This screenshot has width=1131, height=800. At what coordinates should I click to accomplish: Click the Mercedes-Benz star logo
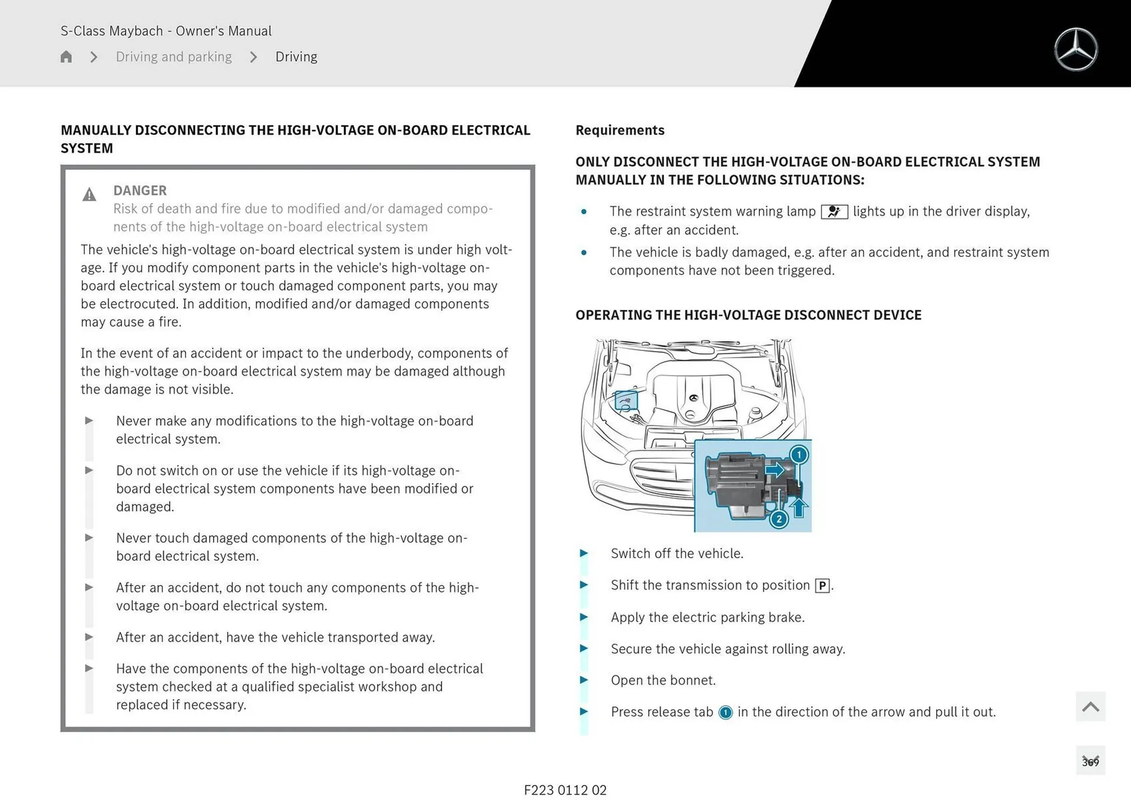1076,49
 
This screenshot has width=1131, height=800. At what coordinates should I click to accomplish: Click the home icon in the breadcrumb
66,57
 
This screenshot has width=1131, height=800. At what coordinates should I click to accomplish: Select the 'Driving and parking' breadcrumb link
174,57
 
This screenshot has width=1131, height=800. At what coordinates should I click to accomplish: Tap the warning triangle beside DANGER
89,195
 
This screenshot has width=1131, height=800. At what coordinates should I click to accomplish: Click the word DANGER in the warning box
140,190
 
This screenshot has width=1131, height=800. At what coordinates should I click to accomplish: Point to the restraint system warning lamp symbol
834,211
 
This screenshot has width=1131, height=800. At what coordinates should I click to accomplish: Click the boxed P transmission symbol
822,586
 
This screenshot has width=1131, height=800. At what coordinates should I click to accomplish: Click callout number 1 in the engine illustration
799,455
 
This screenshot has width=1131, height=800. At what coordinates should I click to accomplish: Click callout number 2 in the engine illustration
779,519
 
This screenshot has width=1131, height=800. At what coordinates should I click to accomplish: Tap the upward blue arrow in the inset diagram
798,507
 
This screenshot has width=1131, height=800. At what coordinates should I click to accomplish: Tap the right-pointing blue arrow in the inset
775,470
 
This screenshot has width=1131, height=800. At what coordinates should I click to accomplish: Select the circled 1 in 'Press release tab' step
726,712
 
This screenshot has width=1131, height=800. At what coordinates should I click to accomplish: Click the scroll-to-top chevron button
1090,706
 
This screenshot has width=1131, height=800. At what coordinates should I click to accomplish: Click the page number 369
1090,762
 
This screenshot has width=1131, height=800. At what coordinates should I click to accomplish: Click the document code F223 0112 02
565,790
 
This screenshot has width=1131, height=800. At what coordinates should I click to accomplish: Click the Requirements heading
620,130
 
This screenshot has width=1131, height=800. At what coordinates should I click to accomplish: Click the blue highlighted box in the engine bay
626,401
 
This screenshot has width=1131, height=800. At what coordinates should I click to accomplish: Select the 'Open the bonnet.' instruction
663,680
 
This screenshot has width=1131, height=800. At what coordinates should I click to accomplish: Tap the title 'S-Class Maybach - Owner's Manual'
166,31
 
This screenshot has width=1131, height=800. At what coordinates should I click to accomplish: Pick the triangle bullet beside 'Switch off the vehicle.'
584,553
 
